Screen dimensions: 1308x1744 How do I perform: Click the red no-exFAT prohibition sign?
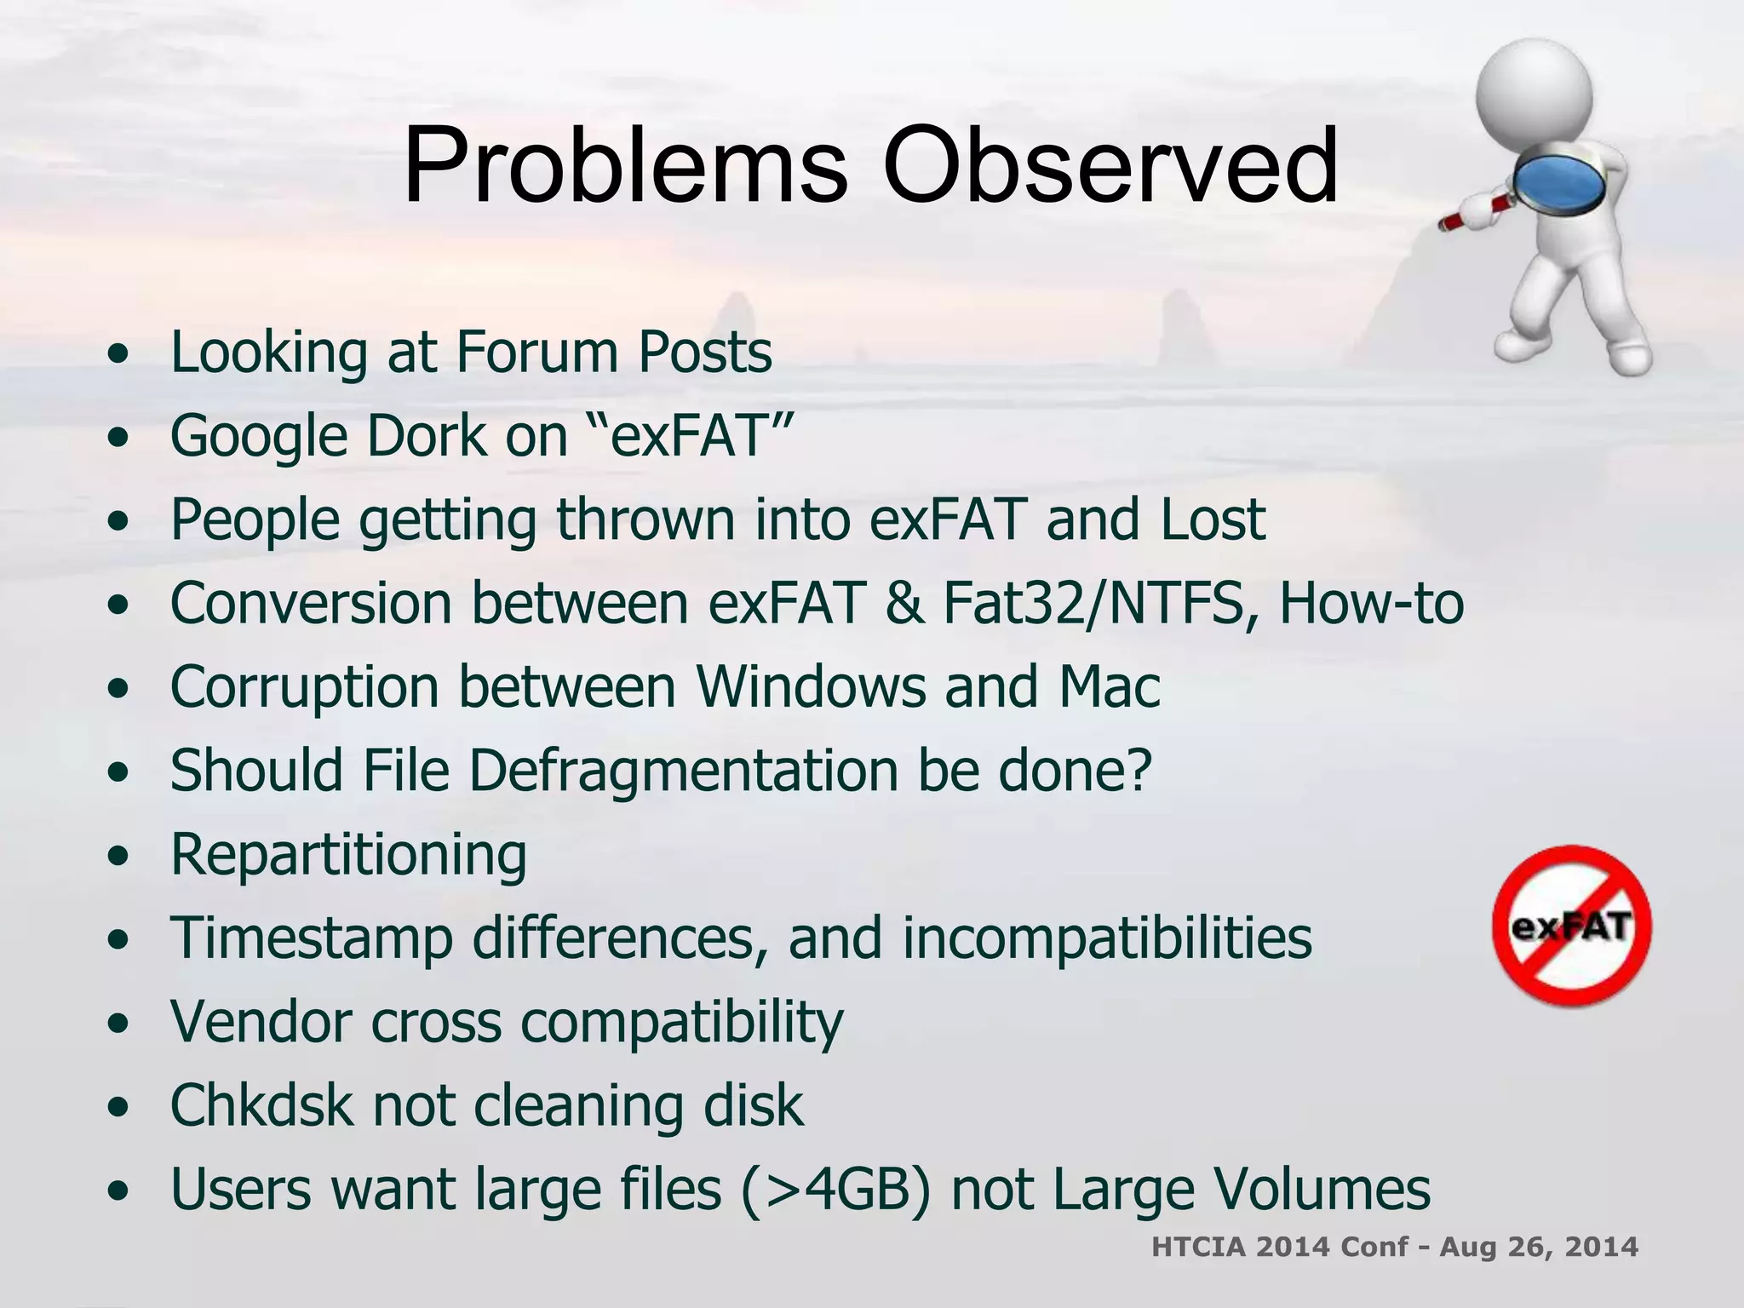click(1572, 926)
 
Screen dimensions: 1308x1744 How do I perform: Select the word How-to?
click(1371, 603)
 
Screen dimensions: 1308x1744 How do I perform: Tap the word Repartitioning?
click(348, 854)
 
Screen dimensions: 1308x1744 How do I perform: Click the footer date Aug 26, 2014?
click(1538, 1247)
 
